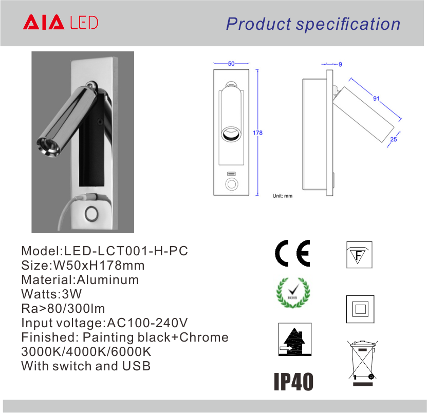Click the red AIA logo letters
44,22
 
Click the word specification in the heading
348,24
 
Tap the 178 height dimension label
257,133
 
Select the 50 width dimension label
231,63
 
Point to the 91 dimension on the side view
376,98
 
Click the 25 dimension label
394,139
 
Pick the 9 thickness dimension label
340,64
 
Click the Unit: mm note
283,196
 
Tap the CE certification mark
292,253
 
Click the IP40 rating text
293,382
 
